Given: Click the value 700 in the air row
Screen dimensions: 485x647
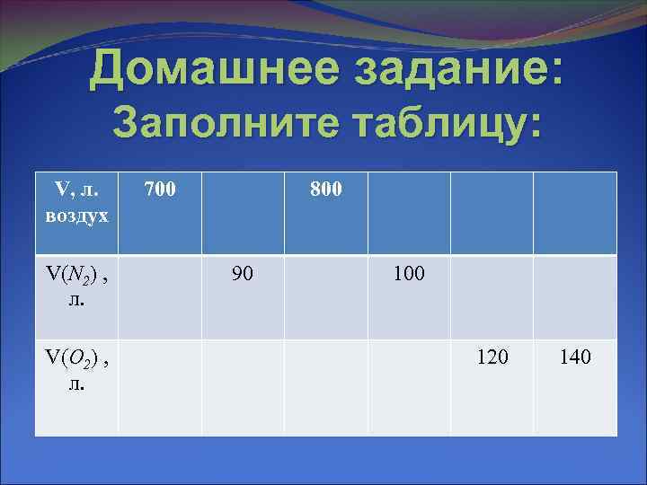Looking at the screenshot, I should coord(160,190).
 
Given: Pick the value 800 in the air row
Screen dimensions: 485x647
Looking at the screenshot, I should coord(325,190).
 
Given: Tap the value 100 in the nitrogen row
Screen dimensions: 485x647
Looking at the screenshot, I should coord(409,273).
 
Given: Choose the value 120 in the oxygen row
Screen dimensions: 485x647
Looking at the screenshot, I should coord(492,357).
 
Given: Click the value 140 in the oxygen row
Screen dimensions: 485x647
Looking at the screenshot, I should coord(575,357).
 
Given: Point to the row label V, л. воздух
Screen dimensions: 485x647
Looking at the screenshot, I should coord(77,203).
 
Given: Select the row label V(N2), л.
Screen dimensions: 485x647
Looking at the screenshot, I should coord(77,286).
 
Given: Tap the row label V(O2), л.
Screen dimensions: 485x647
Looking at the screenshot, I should coord(77,370).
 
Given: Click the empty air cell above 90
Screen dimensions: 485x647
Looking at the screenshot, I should coord(243,213).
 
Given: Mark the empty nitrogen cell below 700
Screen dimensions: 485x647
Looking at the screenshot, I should coord(160,296).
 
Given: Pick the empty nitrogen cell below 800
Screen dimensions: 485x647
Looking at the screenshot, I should coord(325,296).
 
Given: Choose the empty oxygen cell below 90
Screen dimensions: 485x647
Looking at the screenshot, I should coord(243,387).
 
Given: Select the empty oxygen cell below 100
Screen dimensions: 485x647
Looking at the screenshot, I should coord(409,387).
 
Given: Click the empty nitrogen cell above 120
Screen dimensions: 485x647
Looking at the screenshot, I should coord(492,296).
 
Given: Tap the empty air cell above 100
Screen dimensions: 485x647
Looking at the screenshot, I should coord(409,213).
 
